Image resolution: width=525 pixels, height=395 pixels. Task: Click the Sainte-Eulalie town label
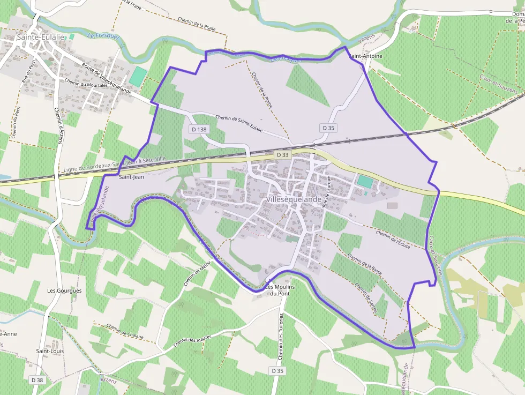point(33,37)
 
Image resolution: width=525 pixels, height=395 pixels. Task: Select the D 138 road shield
point(198,129)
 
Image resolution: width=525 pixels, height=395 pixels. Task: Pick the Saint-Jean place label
point(131,176)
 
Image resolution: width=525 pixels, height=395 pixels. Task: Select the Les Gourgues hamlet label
point(64,290)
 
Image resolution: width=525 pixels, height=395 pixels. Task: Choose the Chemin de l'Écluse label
point(393,240)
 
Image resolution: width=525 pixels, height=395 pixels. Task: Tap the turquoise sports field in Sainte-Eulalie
point(138,76)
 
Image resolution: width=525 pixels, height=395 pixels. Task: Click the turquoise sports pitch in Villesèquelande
point(365,181)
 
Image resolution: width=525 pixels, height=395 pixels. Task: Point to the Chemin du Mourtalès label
point(86,87)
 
